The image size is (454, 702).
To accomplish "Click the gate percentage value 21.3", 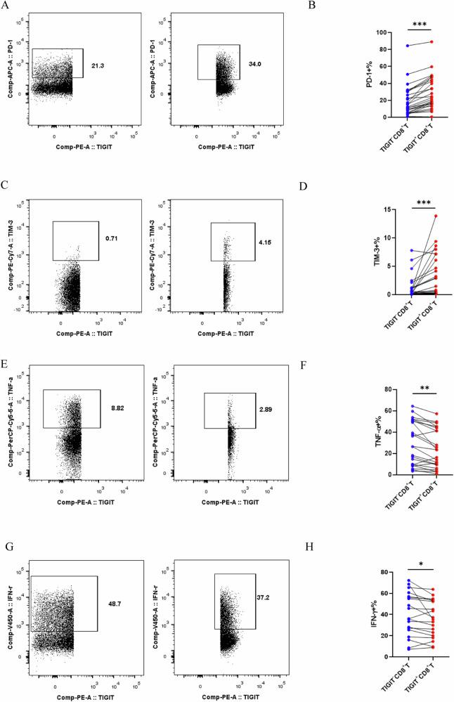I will tap(98, 65).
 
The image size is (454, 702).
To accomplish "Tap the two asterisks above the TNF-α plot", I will tap(420, 386).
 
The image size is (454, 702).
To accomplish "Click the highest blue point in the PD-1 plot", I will tap(407, 46).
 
